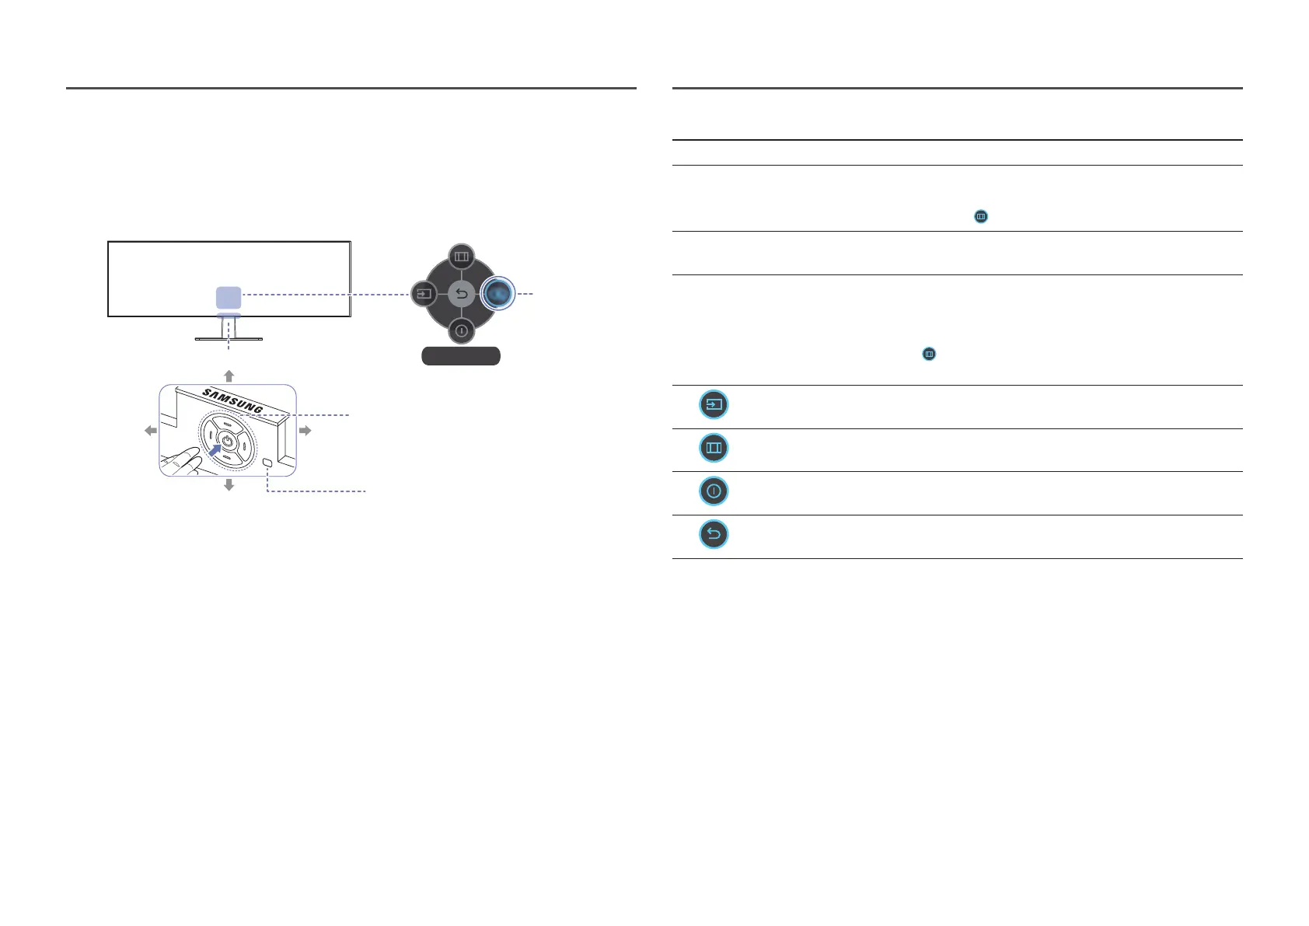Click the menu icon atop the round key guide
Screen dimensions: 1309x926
click(x=461, y=256)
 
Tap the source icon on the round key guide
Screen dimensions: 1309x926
click(x=424, y=295)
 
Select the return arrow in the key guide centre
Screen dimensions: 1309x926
click(x=461, y=295)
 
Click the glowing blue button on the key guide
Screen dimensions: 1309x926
click(x=498, y=294)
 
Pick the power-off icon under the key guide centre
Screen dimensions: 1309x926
click(x=461, y=331)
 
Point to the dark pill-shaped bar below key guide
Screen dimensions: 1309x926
click(x=460, y=356)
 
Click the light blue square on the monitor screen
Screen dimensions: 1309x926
click(x=229, y=297)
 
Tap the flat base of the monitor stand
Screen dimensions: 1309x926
click(x=229, y=339)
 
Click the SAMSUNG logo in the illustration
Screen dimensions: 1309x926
click(x=232, y=400)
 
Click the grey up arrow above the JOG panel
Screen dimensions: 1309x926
click(x=229, y=376)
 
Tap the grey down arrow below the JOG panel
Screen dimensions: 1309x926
click(x=229, y=485)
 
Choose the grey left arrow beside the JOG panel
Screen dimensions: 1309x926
click(x=151, y=431)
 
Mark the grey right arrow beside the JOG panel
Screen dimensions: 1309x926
click(x=305, y=430)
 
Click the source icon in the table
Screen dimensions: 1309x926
click(x=714, y=405)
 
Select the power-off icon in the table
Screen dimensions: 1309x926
click(x=714, y=491)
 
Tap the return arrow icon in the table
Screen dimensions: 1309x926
click(x=714, y=535)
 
